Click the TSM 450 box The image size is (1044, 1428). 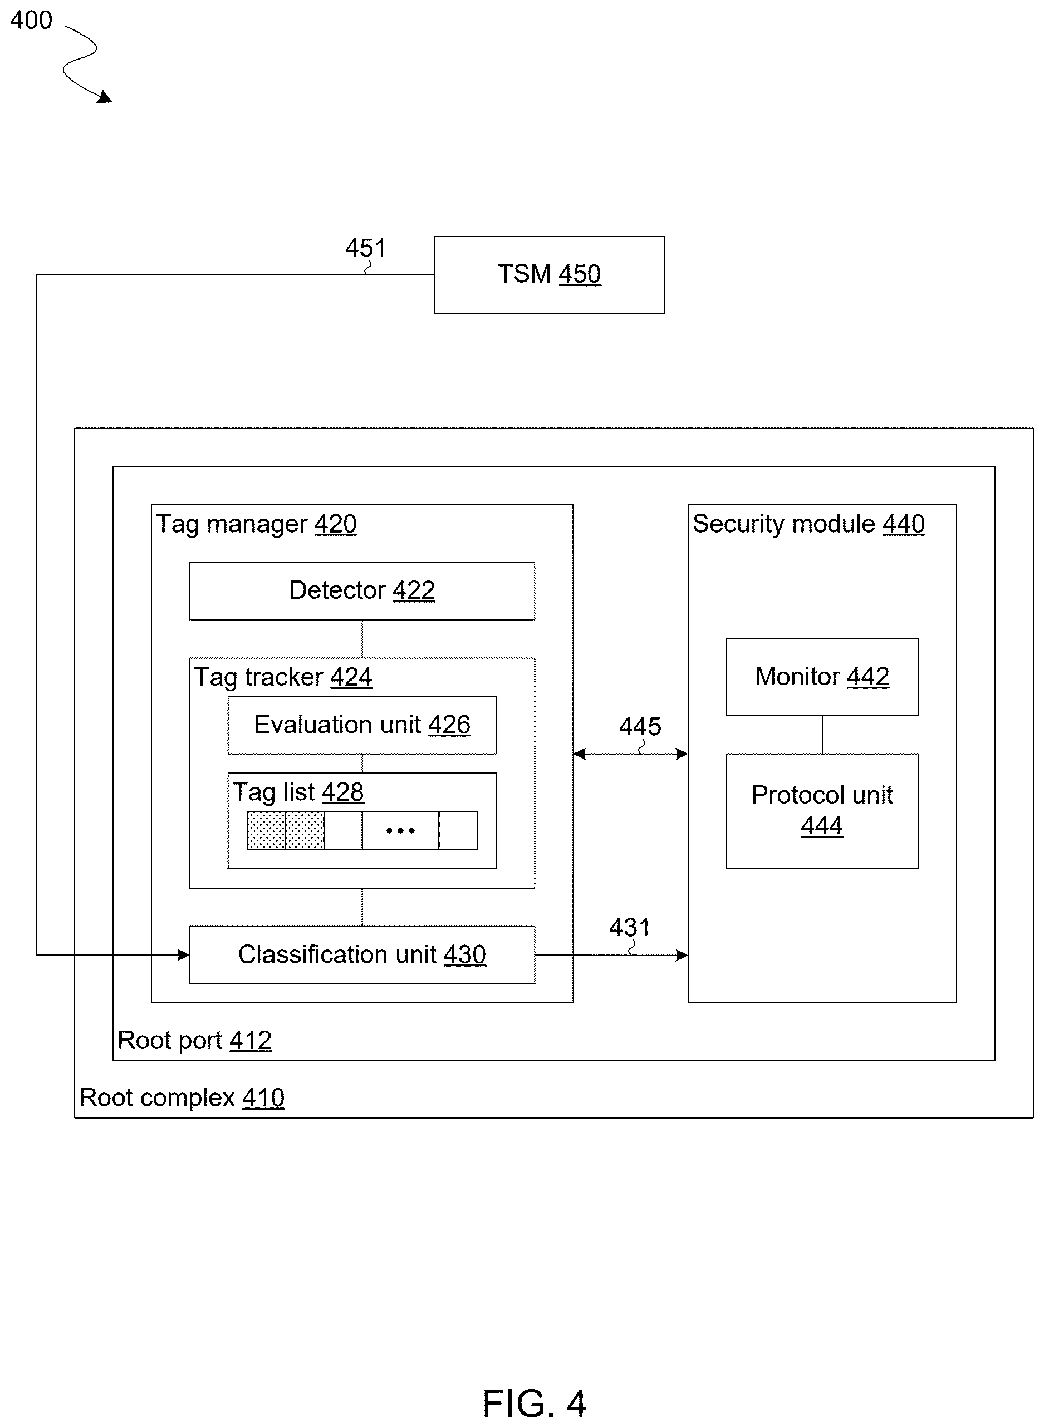(x=549, y=275)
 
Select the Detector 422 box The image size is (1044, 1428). (x=362, y=590)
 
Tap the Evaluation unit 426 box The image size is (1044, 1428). (x=362, y=725)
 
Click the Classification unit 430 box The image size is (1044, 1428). (x=362, y=955)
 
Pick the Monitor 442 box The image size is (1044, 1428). (x=822, y=677)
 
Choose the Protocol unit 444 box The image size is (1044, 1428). (x=822, y=811)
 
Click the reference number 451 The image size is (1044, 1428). (x=365, y=248)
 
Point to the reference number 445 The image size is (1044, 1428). (x=640, y=726)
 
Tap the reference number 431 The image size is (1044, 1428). (x=629, y=927)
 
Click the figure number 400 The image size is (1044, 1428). (x=31, y=20)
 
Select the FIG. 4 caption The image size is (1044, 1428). (x=535, y=1404)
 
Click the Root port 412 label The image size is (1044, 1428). (x=195, y=1040)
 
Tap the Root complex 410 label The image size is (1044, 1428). (x=182, y=1097)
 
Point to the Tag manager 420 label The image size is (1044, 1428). (x=257, y=524)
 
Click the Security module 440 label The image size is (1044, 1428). (x=809, y=524)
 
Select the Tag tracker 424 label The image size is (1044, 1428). (x=283, y=677)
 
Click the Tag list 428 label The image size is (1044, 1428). (x=298, y=792)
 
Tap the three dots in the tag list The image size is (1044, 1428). (x=401, y=830)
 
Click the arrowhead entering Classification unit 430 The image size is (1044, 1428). (x=183, y=955)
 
